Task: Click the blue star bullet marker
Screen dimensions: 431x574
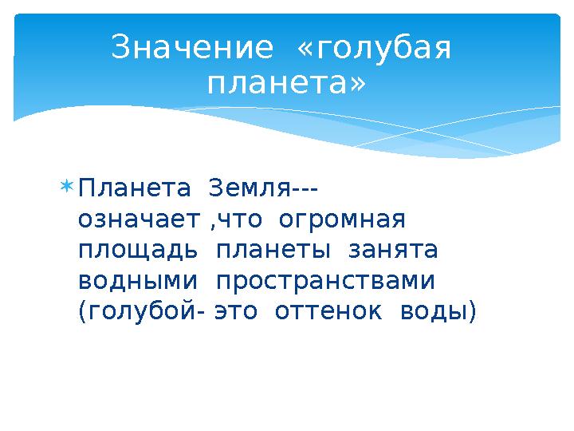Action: pyautogui.click(x=67, y=187)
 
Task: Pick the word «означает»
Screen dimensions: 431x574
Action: pyautogui.click(x=139, y=219)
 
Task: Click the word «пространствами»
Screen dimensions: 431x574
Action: pyautogui.click(x=326, y=281)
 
